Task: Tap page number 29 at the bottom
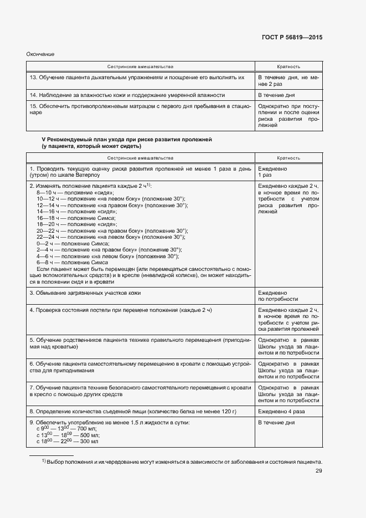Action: click(x=319, y=471)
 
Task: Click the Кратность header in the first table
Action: click(x=288, y=66)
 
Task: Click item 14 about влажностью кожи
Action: click(x=127, y=95)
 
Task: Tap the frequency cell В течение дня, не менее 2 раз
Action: click(x=288, y=81)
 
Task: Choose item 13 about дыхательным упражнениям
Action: click(x=137, y=78)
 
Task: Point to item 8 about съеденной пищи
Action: click(x=132, y=412)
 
